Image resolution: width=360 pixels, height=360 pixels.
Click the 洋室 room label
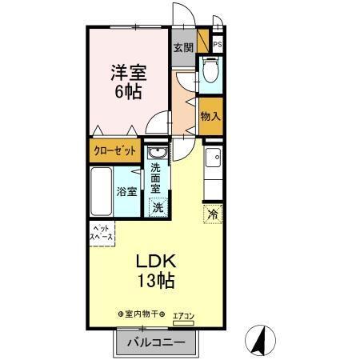tap(127, 71)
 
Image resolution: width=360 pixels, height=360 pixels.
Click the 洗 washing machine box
tap(158, 207)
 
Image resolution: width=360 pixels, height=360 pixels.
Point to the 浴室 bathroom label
tap(126, 192)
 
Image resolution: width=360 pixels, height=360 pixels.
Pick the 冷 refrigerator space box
tap(213, 214)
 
